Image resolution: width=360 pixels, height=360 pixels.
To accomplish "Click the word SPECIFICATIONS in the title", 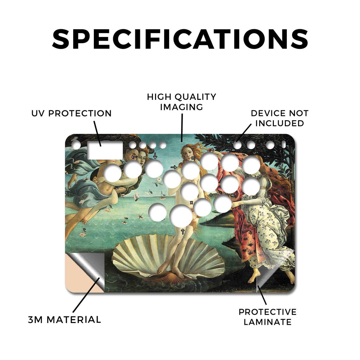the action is [180, 39].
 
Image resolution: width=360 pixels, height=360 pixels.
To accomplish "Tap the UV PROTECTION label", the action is [71, 113].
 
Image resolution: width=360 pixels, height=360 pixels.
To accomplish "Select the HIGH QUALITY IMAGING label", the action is [181, 102].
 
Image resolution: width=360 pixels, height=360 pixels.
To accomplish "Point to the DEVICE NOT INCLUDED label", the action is [279, 118].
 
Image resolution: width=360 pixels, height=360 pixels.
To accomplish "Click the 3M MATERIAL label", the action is [65, 320].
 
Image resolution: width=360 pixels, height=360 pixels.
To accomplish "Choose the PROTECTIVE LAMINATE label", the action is [268, 317].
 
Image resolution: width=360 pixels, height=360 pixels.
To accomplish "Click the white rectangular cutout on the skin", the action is [105, 150].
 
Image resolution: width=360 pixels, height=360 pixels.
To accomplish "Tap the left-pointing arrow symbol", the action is [134, 157].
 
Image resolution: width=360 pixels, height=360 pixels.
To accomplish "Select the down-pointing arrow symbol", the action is [155, 156].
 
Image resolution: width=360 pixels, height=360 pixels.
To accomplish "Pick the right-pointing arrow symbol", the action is [174, 167].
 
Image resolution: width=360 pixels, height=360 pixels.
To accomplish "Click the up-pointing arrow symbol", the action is [183, 231].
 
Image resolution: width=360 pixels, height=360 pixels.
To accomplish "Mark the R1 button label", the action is [233, 150].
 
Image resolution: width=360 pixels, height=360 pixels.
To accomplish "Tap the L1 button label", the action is [255, 153].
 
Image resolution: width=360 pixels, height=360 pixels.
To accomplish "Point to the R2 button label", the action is [233, 195].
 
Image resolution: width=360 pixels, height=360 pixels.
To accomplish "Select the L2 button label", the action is [254, 197].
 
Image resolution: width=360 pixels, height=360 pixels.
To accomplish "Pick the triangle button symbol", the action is [212, 149].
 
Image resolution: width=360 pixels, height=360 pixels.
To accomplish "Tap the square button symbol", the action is [193, 158].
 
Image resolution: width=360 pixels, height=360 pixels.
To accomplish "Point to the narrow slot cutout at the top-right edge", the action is [284, 144].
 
